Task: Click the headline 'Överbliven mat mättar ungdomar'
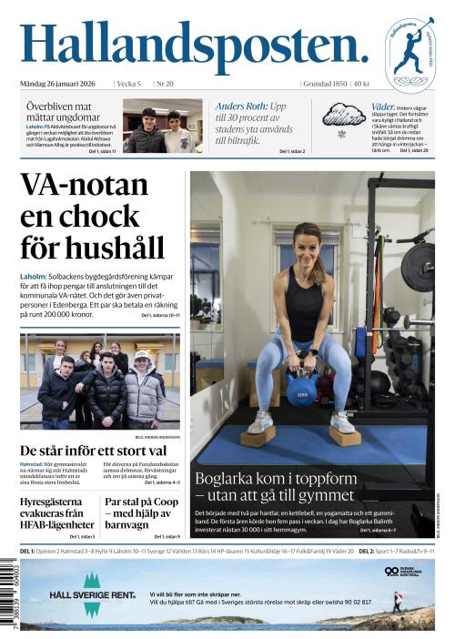pyautogui.click(x=63, y=111)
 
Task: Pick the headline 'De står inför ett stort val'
pyautogui.click(x=93, y=451)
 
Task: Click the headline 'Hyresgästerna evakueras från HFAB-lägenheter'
pyautogui.click(x=57, y=512)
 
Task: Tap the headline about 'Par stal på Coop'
pyautogui.click(x=141, y=512)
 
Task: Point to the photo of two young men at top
pyautogui.click(x=162, y=126)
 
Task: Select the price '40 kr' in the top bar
pyautogui.click(x=361, y=84)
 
